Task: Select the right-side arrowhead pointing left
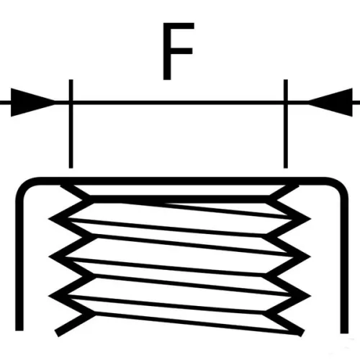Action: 330,102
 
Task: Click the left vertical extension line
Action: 71,124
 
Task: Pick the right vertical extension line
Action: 286,124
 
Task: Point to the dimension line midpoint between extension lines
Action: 178,103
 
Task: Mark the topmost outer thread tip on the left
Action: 51,219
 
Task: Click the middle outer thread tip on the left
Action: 51,257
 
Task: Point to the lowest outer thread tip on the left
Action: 51,295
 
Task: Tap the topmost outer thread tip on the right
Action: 309,219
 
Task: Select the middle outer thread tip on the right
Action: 309,257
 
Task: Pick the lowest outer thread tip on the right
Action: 309,295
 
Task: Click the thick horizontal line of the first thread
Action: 179,199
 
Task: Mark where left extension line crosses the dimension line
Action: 71,103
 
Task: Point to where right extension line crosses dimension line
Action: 286,103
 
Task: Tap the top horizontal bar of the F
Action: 179,26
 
